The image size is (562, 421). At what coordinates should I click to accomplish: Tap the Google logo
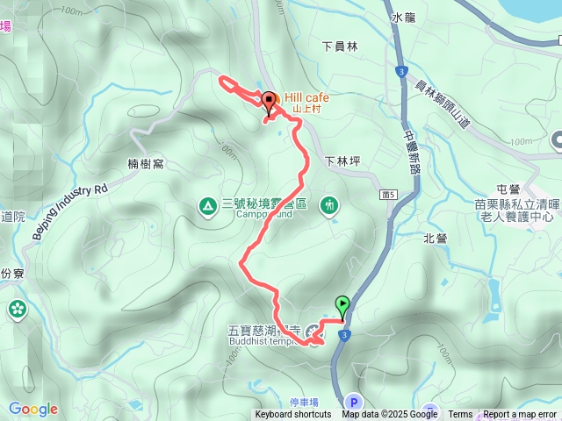click(x=32, y=409)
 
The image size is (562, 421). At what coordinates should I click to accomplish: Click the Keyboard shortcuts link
click(x=293, y=415)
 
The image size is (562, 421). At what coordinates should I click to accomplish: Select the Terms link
click(x=460, y=415)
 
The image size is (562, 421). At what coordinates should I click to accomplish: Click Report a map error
click(x=521, y=415)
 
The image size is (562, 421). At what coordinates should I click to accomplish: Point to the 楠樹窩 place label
click(x=145, y=163)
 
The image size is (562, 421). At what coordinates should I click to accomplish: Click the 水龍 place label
click(x=403, y=17)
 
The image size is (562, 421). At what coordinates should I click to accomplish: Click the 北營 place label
click(x=435, y=238)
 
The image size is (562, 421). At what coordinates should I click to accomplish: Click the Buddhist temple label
click(x=263, y=343)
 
